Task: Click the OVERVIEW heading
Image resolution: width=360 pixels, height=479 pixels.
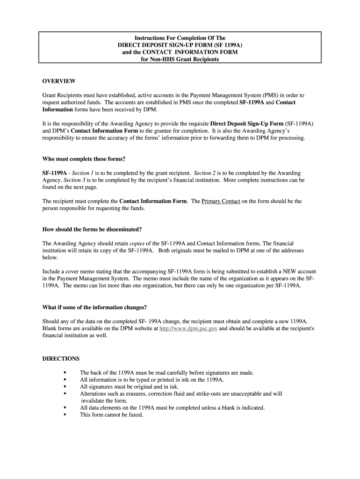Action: pos(59,81)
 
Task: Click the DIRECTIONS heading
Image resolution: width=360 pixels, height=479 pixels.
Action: pos(61,359)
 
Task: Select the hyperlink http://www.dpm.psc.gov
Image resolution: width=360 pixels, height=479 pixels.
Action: pos(188,329)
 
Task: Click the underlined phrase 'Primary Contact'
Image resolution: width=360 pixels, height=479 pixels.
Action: pos(221,201)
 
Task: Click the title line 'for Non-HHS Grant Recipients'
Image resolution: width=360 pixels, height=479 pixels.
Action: pos(180,59)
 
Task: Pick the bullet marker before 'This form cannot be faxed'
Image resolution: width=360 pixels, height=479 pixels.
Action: pos(65,415)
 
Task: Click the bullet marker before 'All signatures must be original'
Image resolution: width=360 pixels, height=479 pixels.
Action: pos(65,387)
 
